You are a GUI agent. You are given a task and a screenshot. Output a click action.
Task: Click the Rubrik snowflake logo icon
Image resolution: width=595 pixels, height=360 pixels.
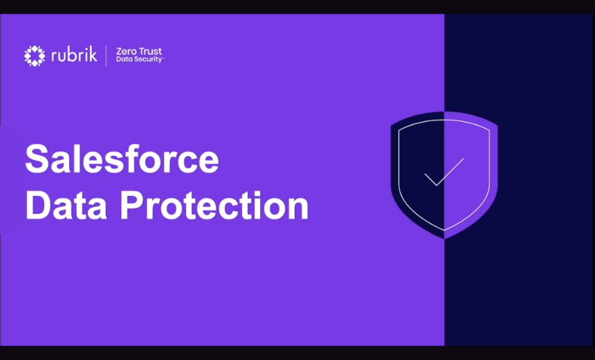pos(35,55)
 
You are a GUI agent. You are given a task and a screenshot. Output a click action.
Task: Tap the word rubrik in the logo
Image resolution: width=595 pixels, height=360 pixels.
pos(73,55)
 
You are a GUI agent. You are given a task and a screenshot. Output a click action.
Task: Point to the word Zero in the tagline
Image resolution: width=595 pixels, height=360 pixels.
pos(125,52)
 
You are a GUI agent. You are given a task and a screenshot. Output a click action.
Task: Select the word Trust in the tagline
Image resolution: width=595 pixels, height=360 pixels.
pos(149,52)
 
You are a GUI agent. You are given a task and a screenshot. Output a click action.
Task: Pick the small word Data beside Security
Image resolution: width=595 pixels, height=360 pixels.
pos(123,60)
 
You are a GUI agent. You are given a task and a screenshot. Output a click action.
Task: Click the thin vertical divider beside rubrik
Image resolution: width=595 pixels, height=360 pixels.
pos(106,55)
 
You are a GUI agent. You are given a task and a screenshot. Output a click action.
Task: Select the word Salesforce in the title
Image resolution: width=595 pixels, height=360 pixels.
pos(122,160)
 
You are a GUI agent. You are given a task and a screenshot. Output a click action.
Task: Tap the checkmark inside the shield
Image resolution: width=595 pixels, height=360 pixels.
pos(443,173)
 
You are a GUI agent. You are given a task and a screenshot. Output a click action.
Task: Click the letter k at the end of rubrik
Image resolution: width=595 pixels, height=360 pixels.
pos(93,55)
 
